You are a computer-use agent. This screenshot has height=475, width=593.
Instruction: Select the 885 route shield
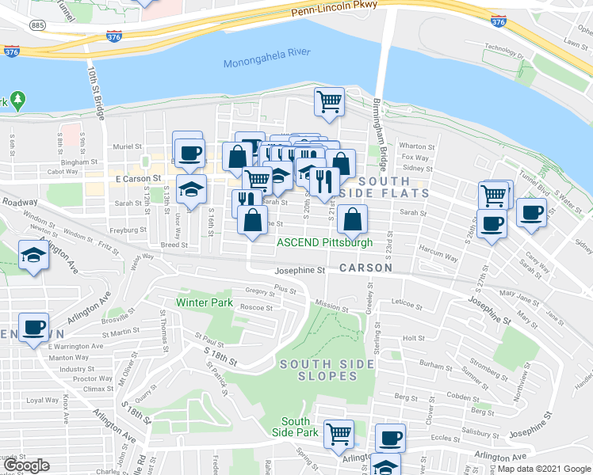click(37, 25)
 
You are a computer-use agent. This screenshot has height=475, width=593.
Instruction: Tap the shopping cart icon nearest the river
click(328, 101)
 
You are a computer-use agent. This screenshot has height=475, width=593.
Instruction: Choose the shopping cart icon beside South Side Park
click(339, 433)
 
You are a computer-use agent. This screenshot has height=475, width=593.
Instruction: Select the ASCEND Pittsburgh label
click(324, 242)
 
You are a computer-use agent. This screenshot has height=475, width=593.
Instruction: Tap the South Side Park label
click(295, 427)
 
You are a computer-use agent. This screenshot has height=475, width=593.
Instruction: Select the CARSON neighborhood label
click(365, 268)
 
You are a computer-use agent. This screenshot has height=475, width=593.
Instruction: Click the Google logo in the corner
click(27, 465)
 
